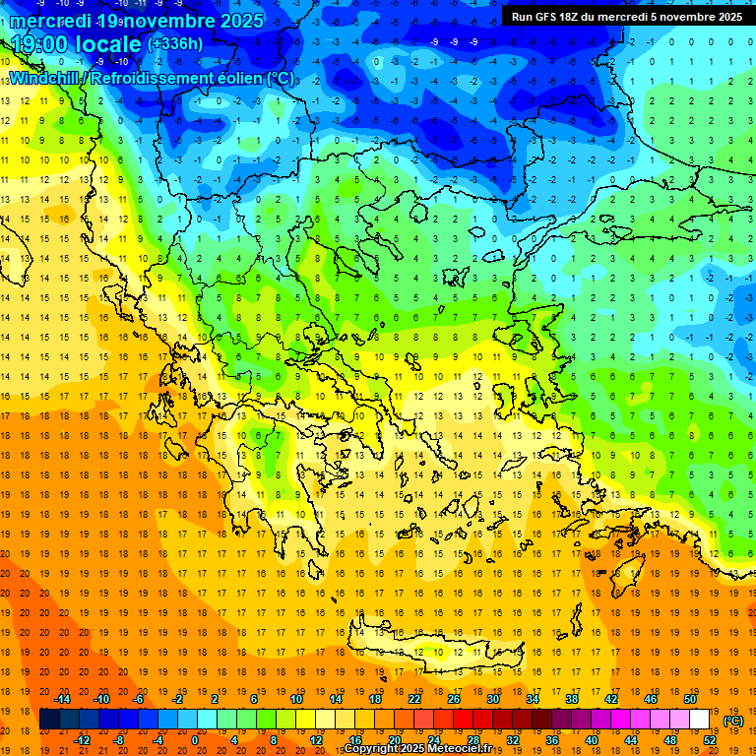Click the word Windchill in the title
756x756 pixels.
[45, 78]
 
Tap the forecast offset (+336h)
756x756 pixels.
[175, 43]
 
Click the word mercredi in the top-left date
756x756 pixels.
[50, 20]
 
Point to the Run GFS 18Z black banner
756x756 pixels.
[626, 16]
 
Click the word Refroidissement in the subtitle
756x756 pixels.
[154, 78]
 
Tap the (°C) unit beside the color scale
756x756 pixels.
[733, 721]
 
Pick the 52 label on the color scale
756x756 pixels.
[710, 740]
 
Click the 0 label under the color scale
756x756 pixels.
[195, 740]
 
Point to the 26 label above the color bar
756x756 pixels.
[454, 699]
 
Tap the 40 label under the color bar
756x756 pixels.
[592, 740]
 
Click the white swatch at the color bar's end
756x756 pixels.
[700, 720]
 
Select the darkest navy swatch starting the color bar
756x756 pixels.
[49, 720]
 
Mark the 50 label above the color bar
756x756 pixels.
[690, 699]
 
